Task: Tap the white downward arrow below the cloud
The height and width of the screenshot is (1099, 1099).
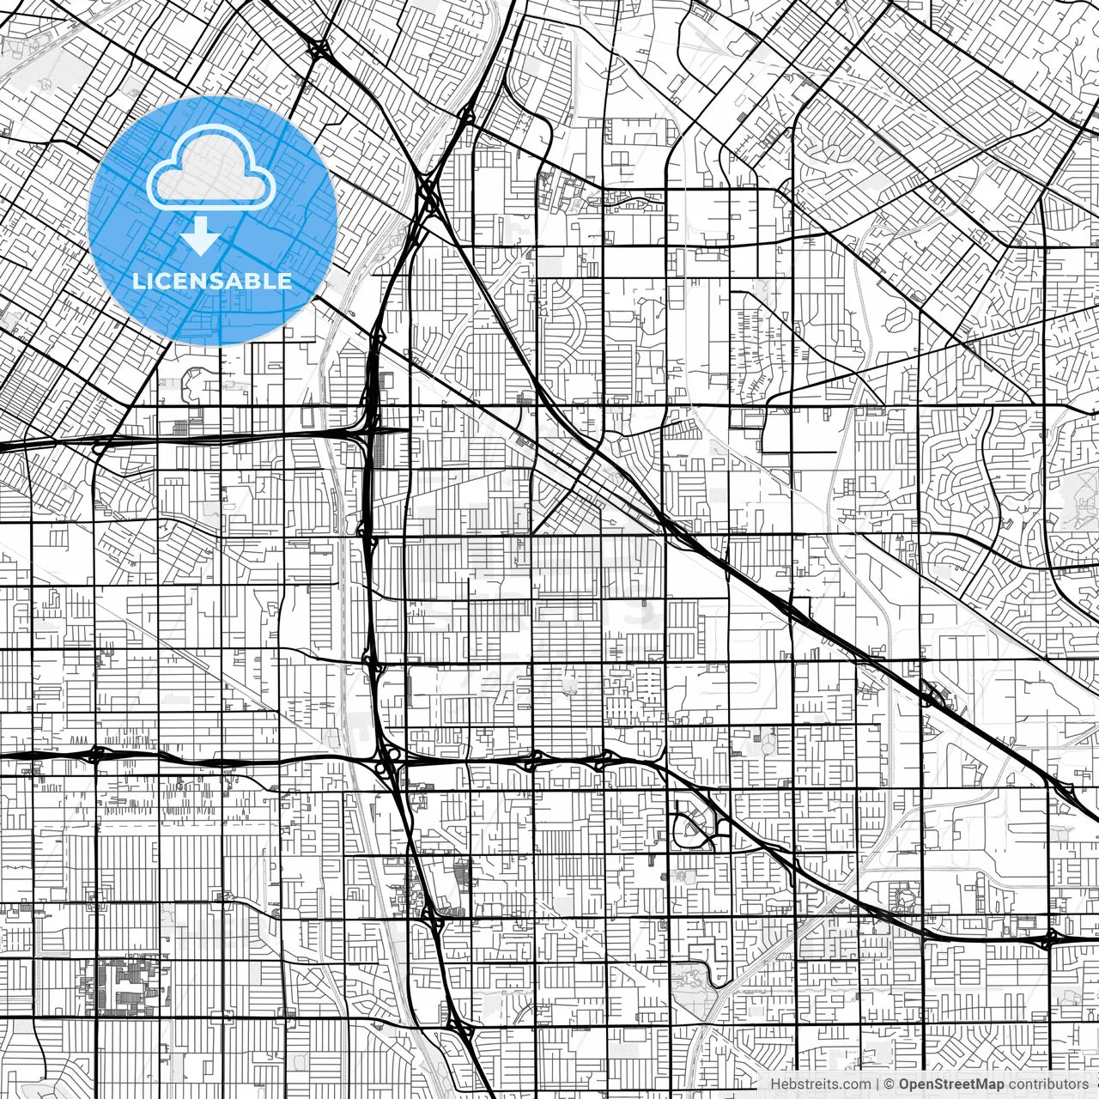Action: (201, 236)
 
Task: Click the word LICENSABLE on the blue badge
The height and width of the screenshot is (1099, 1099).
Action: (212, 281)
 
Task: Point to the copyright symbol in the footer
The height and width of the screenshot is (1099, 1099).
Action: (890, 1084)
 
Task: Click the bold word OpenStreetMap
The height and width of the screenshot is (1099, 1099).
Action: (951, 1084)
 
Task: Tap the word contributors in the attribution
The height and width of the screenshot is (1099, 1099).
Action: (1048, 1084)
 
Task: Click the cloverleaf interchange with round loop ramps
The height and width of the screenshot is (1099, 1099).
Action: (392, 759)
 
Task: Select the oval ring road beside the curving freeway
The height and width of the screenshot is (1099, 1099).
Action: (690, 829)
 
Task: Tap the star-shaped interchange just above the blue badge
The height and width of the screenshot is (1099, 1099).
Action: (319, 49)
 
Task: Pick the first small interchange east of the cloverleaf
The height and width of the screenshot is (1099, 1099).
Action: (532, 759)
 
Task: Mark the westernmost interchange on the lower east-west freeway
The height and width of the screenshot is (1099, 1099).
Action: (96, 755)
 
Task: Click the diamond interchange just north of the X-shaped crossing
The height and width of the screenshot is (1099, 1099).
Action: (467, 115)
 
